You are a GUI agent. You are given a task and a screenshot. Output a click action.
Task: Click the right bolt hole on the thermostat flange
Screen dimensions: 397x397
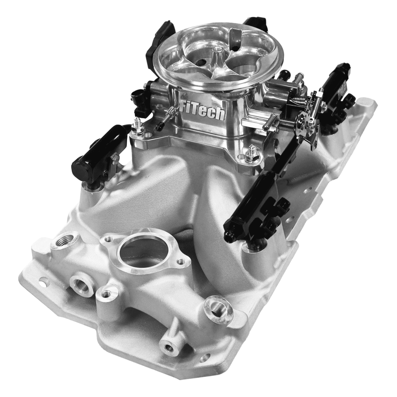[x=181, y=262]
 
